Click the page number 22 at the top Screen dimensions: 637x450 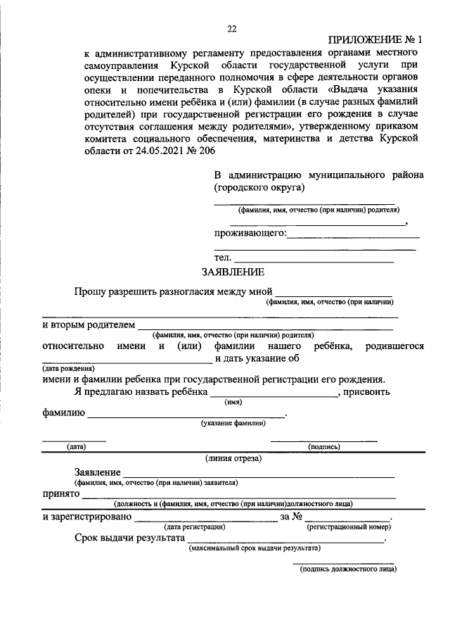(231, 29)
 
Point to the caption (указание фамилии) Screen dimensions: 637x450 (233, 423)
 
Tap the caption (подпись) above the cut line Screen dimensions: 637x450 (324, 446)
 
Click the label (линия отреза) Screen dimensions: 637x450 (233, 458)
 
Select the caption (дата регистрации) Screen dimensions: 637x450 (195, 526)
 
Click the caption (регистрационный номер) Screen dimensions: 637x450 (348, 526)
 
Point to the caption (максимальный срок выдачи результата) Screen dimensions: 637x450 (255, 547)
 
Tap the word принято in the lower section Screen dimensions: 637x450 (60, 494)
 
